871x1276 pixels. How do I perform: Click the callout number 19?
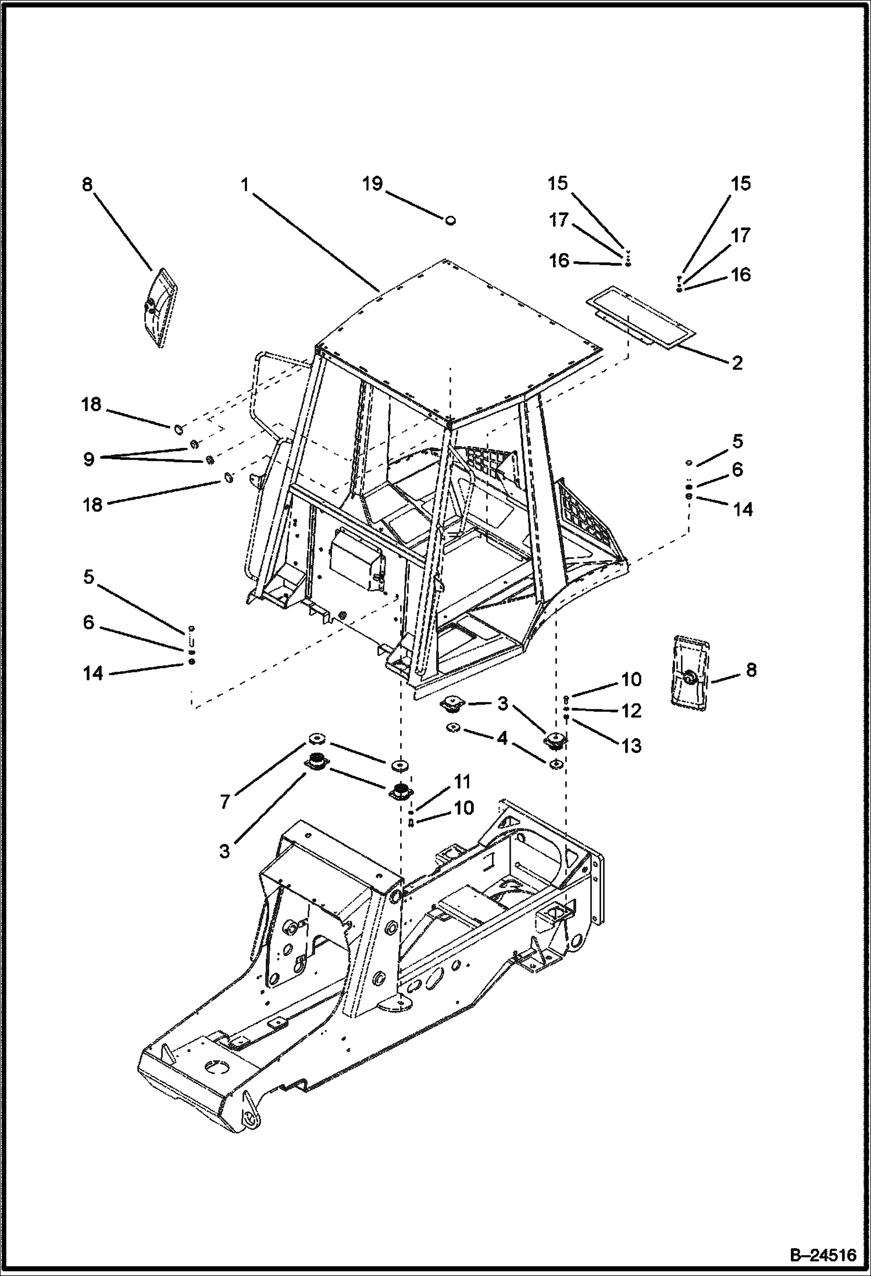(x=372, y=184)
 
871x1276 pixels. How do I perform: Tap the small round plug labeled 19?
(x=450, y=220)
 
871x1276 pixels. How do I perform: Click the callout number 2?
(x=737, y=363)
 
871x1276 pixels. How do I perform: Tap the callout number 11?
(x=462, y=782)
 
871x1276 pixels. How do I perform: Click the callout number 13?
(x=631, y=745)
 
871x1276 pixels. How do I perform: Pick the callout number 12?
(x=631, y=711)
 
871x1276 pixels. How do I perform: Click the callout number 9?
(x=88, y=459)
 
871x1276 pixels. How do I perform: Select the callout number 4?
(x=502, y=739)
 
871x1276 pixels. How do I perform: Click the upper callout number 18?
(x=91, y=405)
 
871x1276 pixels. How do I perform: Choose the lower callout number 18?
(x=92, y=504)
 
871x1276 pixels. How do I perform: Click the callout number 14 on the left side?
(x=92, y=673)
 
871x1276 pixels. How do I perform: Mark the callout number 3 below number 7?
(x=225, y=851)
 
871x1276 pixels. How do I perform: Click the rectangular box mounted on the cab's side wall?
(x=355, y=561)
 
